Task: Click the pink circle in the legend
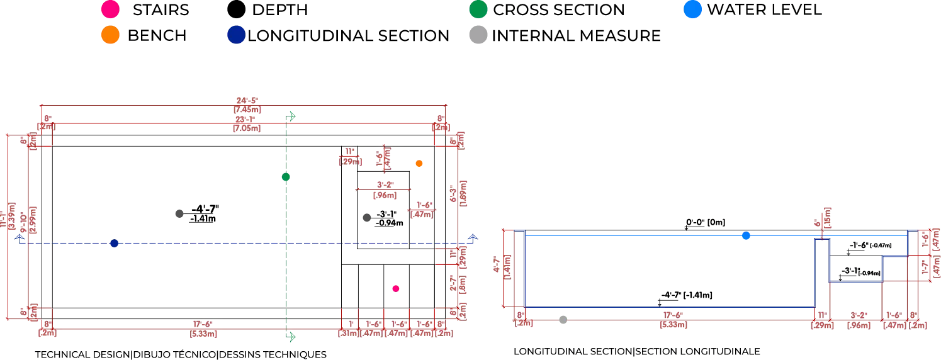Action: (110, 9)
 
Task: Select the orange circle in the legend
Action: (110, 36)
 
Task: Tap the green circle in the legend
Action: (478, 9)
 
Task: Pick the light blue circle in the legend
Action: (692, 9)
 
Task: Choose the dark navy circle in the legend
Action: (236, 36)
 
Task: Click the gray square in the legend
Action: (478, 36)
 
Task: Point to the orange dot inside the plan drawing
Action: (419, 164)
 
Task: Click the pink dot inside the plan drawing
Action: (396, 288)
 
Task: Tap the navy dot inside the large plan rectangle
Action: (115, 244)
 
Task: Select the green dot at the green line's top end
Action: (291, 116)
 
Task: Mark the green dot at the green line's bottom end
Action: (291, 337)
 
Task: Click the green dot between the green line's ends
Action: (286, 177)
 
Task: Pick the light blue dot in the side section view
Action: (745, 237)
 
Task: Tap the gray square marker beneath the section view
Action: (563, 322)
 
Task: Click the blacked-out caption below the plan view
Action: (179, 353)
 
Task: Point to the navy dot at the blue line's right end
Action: (472, 237)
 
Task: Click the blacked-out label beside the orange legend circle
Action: (155, 36)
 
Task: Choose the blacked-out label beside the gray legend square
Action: (576, 36)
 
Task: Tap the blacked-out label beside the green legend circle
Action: (558, 9)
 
